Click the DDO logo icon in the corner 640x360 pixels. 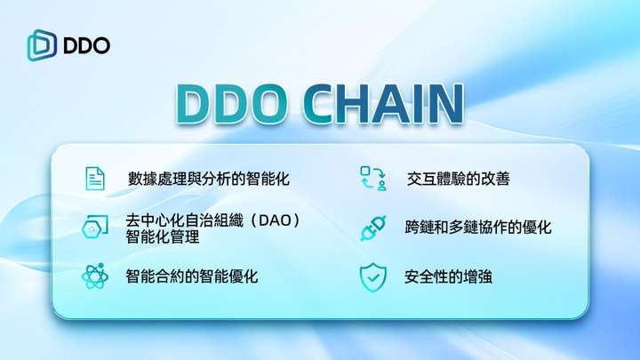coord(42,45)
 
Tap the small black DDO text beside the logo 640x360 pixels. coord(87,45)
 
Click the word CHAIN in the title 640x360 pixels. coord(384,104)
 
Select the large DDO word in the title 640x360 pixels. coord(232,104)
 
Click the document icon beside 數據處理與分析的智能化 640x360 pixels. coord(95,179)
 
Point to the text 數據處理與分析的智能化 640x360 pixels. coord(209,179)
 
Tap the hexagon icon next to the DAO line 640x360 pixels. coord(95,227)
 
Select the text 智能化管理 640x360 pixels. coord(163,236)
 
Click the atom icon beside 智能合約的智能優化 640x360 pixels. coord(95,276)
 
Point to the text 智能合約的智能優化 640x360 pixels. coord(192,276)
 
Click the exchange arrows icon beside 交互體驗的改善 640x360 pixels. coord(373,179)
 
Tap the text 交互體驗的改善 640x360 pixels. coord(458,179)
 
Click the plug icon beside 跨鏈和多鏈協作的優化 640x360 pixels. coord(373,228)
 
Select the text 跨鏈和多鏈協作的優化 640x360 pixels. coord(478,228)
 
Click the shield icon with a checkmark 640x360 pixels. coord(373,277)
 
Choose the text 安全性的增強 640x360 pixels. coord(448,276)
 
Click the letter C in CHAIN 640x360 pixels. coord(318,104)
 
